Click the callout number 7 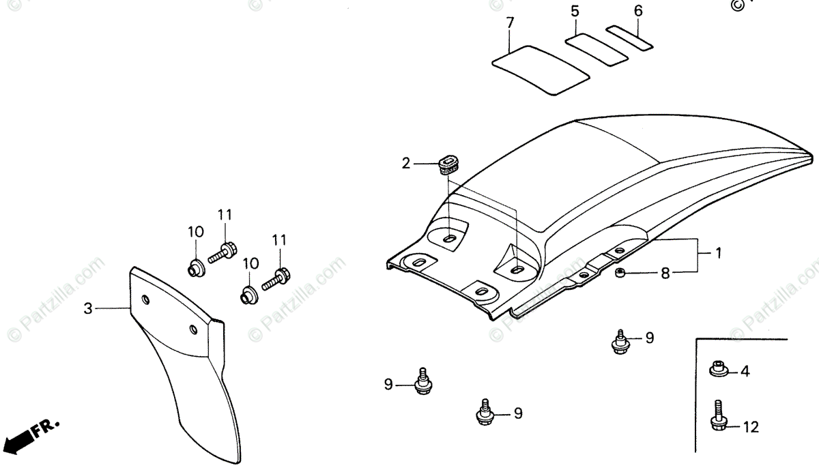pyautogui.click(x=510, y=23)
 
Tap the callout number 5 pyautogui.click(x=575, y=11)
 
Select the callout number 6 pyautogui.click(x=638, y=11)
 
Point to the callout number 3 pyautogui.click(x=88, y=309)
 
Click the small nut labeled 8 pyautogui.click(x=620, y=274)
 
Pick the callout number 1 pyautogui.click(x=718, y=252)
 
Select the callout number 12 pyautogui.click(x=751, y=428)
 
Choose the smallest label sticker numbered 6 pyautogui.click(x=630, y=38)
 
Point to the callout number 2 pyautogui.click(x=406, y=163)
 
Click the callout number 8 pyautogui.click(x=665, y=274)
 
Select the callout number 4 pyautogui.click(x=745, y=372)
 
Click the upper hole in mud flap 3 pyautogui.click(x=146, y=299)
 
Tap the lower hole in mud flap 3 pyautogui.click(x=194, y=330)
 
